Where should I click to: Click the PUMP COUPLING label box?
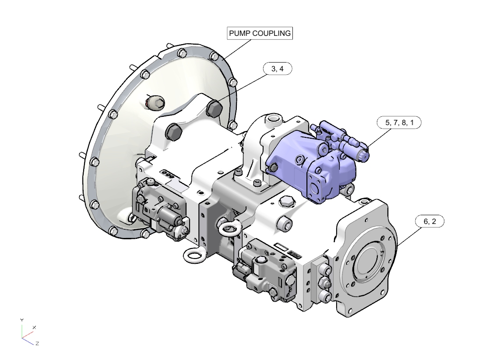tap(260, 33)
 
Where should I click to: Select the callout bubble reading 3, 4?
tap(278, 69)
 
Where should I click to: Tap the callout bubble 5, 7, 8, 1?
tap(399, 123)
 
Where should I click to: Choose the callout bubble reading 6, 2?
tap(429, 221)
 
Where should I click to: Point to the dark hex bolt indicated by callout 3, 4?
tap(214, 108)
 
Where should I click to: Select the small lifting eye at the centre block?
tap(229, 229)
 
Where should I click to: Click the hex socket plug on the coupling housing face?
tap(156, 103)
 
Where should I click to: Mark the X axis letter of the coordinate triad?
tap(34, 327)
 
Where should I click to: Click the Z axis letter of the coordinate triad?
tap(37, 343)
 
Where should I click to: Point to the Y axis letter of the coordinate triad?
tap(21, 320)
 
